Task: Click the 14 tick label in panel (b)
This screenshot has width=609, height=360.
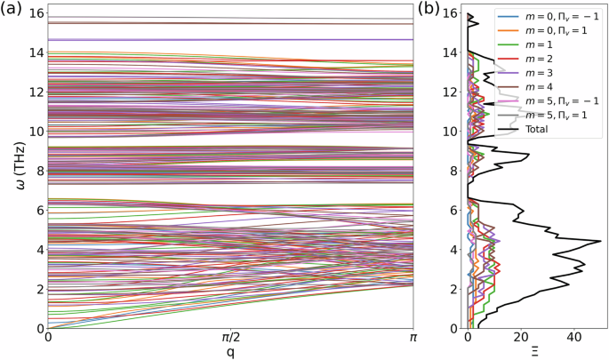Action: (450, 52)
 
